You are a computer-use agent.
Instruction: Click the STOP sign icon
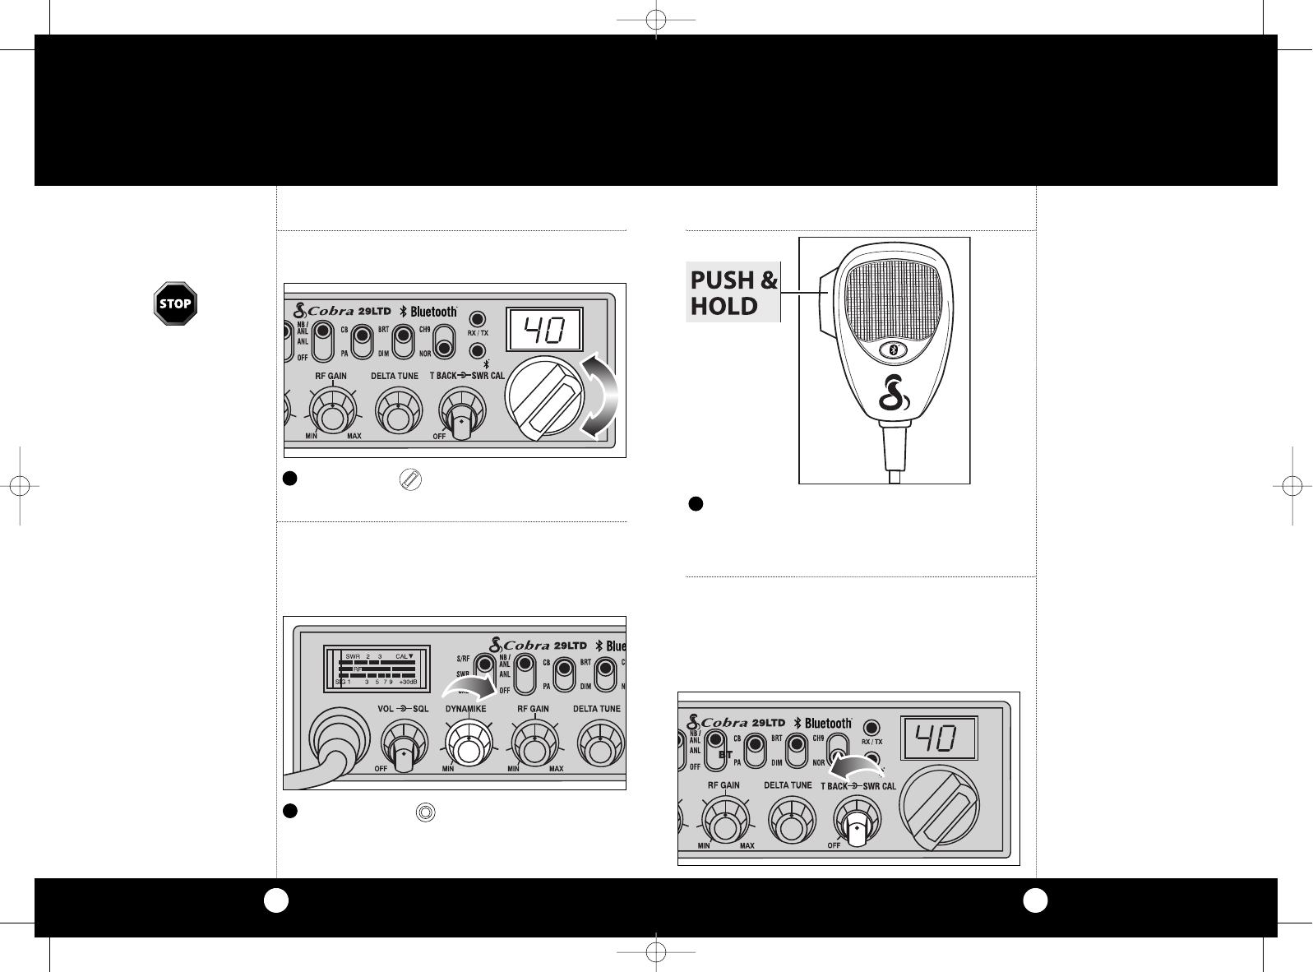click(176, 303)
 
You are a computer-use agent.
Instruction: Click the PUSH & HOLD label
click(733, 294)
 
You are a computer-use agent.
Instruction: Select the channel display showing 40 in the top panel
click(544, 331)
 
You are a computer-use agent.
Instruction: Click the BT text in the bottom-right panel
click(725, 753)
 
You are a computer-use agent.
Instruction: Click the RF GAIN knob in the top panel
click(332, 410)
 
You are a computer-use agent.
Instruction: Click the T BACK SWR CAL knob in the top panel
click(462, 414)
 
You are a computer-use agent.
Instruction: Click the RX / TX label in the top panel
click(478, 334)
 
